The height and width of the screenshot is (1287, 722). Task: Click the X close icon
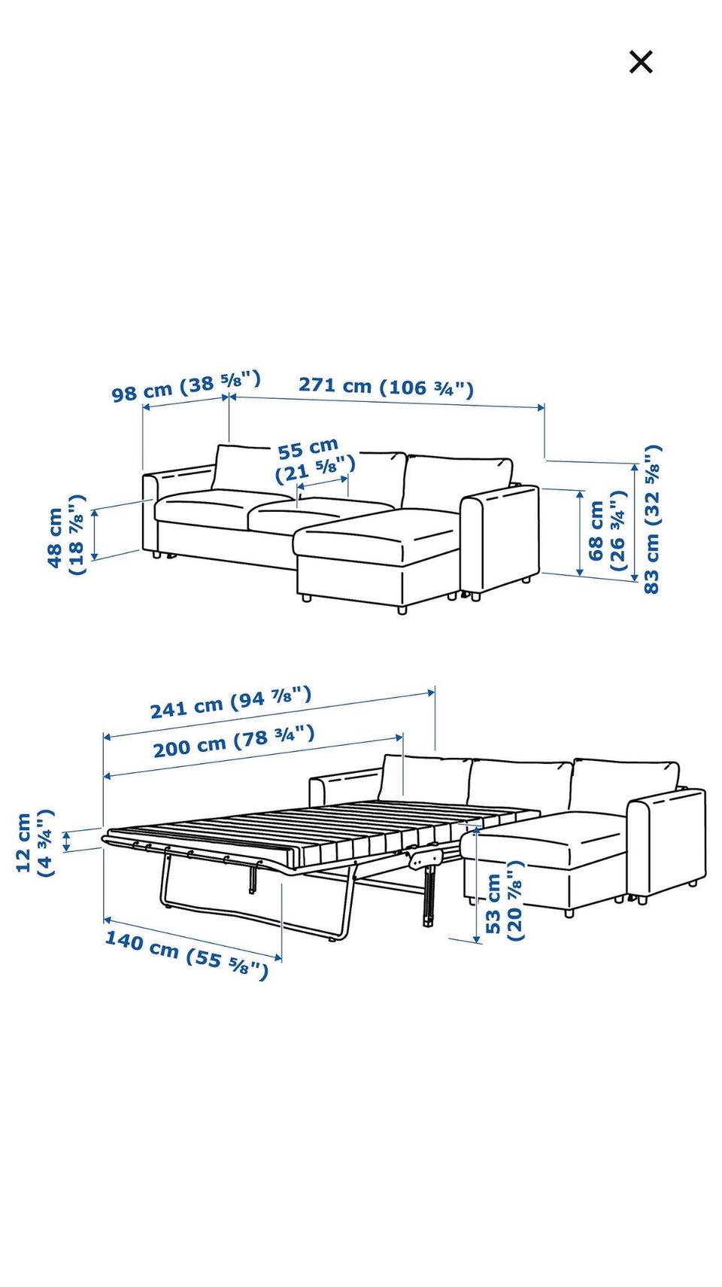(641, 62)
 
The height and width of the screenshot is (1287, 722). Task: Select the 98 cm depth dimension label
(186, 387)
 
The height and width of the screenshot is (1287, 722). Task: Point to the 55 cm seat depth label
(314, 461)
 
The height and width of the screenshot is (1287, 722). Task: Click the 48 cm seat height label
(66, 535)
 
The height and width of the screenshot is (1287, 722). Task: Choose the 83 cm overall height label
(651, 519)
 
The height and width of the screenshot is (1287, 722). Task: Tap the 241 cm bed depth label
(231, 702)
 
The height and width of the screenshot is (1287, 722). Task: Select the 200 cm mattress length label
(234, 741)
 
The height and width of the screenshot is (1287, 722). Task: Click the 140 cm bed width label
(187, 955)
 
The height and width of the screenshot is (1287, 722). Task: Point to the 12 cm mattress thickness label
(35, 842)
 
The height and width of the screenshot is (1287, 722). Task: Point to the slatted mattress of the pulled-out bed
(321, 827)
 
